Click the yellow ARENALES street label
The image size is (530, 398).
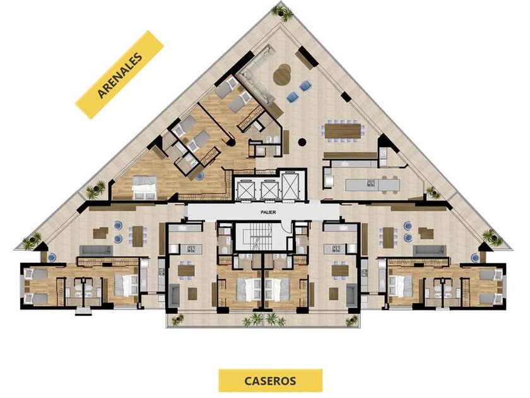119,75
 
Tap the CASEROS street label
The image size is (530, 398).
271,380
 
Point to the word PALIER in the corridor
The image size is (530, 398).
268,212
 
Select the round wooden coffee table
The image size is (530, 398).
282,74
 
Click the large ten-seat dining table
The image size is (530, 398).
343,130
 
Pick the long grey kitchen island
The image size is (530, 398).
372,184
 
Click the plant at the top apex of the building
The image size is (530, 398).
283,13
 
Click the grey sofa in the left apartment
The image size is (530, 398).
96,250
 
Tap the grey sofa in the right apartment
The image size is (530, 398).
430,250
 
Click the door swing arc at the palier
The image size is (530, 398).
287,227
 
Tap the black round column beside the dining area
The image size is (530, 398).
302,142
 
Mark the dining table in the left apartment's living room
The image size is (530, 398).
138,236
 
